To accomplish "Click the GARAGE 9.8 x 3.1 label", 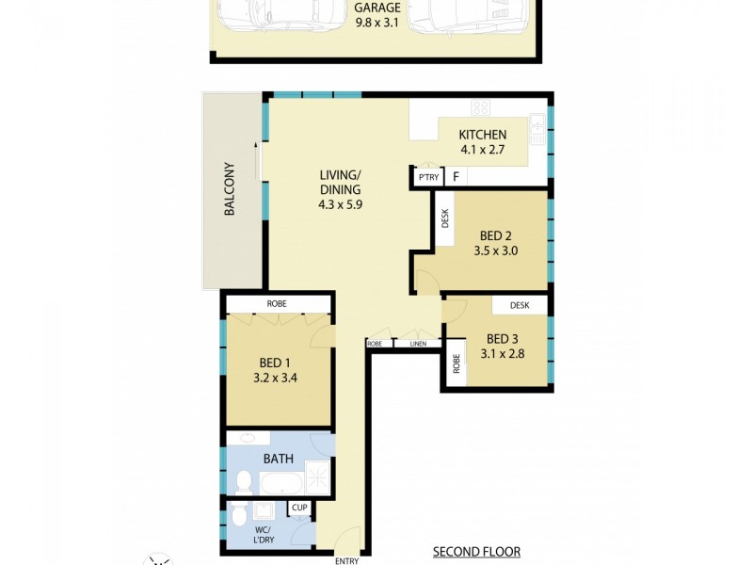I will [376, 16].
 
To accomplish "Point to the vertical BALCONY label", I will [229, 190].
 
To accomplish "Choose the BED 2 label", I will [496, 235].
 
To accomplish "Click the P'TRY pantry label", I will [429, 177].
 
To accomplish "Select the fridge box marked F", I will [456, 177].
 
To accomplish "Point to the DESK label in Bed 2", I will [445, 218].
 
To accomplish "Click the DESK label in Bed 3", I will [520, 305].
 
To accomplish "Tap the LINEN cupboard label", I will [418, 344].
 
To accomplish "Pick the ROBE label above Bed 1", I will [277, 303].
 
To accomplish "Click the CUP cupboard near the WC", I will [300, 508].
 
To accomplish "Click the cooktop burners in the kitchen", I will [482, 106].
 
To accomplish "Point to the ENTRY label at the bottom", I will [346, 561].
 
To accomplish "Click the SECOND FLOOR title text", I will [476, 552].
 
